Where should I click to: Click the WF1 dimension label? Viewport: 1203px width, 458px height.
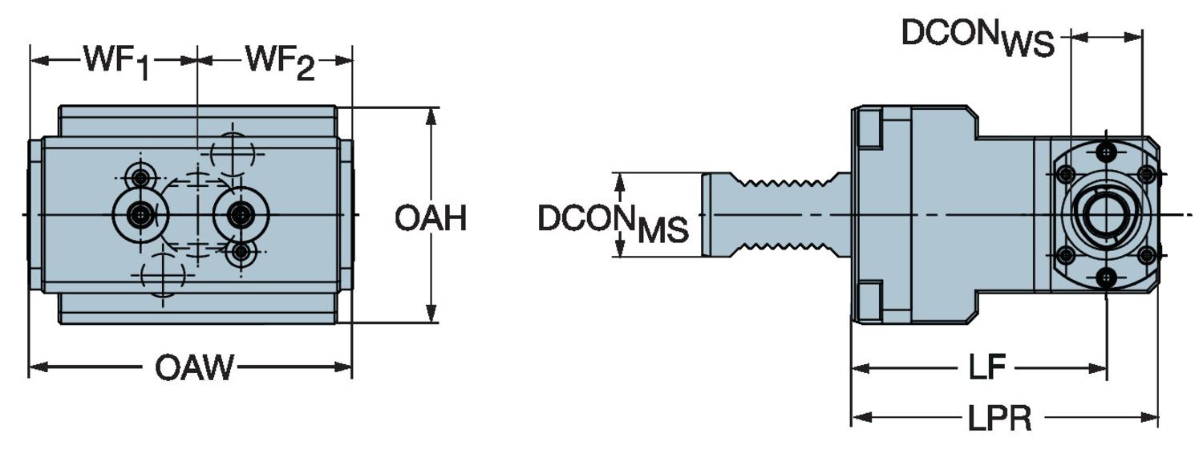coord(116,63)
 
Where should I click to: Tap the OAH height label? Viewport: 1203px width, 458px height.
coord(431,218)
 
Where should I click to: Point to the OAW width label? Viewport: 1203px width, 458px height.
coord(195,368)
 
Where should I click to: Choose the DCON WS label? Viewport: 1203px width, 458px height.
coord(978,38)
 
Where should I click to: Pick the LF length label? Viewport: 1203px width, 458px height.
coord(986,368)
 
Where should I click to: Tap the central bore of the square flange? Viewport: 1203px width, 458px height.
coord(1106,214)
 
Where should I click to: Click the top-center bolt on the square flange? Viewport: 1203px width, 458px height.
coord(1107,152)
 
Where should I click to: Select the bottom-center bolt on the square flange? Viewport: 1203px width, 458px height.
coord(1107,278)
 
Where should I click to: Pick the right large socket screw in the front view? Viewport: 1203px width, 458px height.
coord(240,214)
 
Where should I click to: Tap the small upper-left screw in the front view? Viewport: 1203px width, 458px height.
coord(141,176)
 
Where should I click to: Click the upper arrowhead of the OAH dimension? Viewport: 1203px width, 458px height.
coord(431,115)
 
